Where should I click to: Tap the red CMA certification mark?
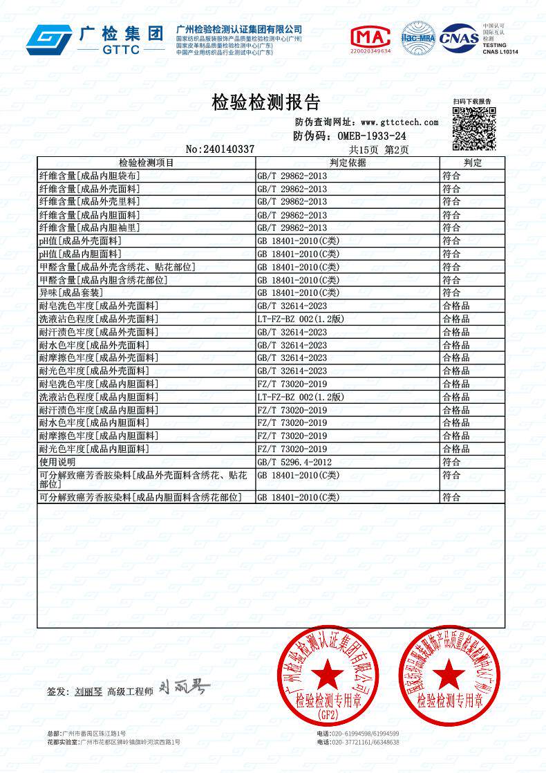point(370,39)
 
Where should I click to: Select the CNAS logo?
point(459,38)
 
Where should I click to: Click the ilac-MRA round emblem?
point(417,38)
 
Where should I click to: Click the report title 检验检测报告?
point(265,102)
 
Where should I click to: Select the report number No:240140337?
point(220,149)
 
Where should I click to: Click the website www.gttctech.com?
point(399,122)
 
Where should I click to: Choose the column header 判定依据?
point(347,162)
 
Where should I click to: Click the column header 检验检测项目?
point(146,162)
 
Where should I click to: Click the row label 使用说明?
point(57,461)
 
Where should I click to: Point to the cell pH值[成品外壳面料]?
point(80,241)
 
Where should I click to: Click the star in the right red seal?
point(449,673)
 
